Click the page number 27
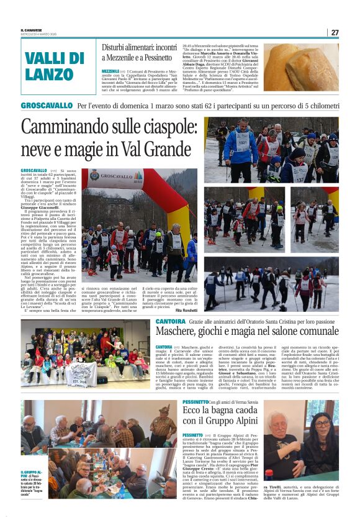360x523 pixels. tap(335, 32)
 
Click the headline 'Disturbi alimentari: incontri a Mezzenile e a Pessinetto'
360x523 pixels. tap(139, 54)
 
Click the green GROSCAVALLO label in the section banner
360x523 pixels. tap(47, 106)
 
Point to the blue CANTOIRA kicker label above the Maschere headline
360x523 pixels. tap(170, 321)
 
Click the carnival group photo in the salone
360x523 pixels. tap(86, 353)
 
